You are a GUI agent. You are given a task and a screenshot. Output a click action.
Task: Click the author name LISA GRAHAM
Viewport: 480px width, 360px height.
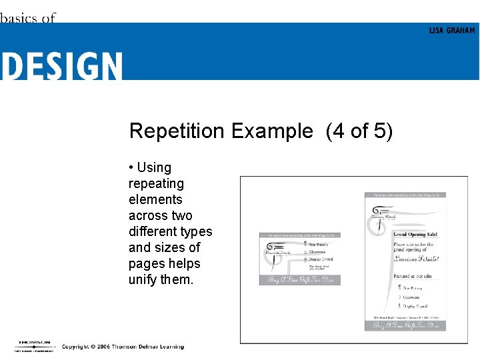(452, 31)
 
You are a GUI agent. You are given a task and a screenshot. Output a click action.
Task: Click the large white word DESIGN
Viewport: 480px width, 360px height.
(61, 67)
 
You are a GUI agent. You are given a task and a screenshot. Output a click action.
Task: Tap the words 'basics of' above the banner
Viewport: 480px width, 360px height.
(28, 17)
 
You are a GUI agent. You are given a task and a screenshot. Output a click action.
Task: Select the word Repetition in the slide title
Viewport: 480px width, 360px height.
(177, 131)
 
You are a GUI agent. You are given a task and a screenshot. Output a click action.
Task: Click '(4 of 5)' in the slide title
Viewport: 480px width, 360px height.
(359, 131)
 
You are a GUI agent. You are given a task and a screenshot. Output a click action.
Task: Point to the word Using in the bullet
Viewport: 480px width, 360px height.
(154, 167)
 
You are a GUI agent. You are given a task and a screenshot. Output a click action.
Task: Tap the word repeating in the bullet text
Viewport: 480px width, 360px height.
(156, 183)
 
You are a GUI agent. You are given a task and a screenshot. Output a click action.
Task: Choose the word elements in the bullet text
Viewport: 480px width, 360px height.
(155, 199)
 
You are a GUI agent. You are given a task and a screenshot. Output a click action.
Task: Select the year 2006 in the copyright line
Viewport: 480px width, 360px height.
(99, 347)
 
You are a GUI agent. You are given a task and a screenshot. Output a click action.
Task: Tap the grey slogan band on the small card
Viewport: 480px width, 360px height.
(300, 279)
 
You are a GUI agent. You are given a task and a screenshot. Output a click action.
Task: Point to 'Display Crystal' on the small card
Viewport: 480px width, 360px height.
(321, 259)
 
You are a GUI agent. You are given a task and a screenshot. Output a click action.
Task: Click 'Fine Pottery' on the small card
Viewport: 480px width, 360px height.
(319, 245)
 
